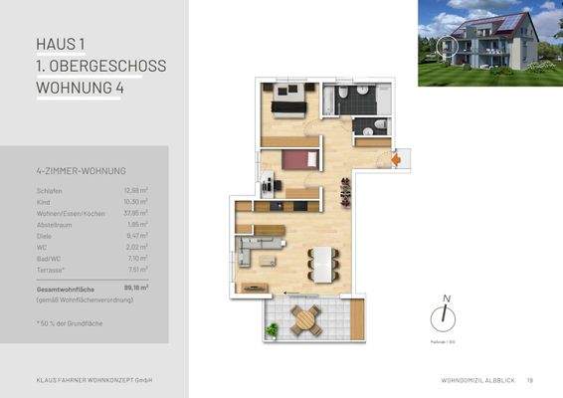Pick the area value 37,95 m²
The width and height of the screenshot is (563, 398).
click(136, 212)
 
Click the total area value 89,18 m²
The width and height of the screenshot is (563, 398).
click(135, 287)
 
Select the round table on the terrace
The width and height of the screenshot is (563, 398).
click(303, 320)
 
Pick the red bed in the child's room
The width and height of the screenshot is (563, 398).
click(298, 159)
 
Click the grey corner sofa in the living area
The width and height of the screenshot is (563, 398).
click(256, 249)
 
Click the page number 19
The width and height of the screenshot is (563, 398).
click(530, 379)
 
